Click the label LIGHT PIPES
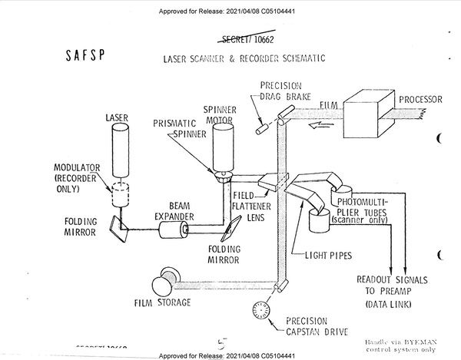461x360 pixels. (326, 253)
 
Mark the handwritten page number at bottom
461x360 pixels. (222, 345)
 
